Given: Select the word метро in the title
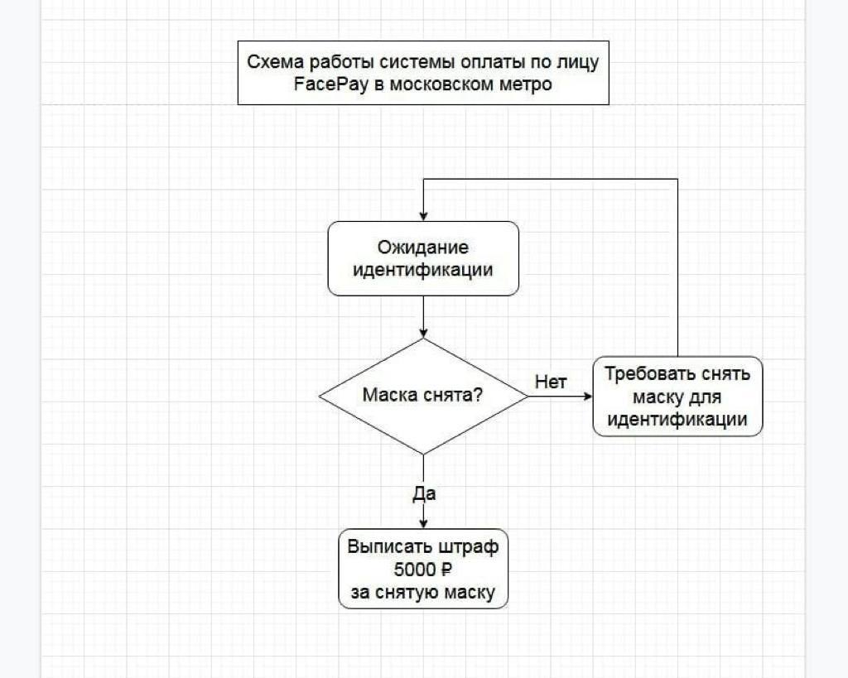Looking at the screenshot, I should coord(523,84).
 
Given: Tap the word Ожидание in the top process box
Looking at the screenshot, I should coord(423,247).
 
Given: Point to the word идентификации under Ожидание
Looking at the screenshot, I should coord(423,270).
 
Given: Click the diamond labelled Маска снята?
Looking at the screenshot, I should coord(423,396).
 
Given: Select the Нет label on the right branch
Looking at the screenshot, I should coord(551,382).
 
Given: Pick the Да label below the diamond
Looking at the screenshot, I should coord(424,494).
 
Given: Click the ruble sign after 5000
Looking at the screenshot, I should coord(446,570).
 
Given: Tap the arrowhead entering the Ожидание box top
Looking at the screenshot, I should coord(423,215).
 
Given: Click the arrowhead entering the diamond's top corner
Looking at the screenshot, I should coord(423,333).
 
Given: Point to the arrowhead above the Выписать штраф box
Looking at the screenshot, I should coord(423,522).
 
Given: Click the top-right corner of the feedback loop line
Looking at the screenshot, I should coord(677,180).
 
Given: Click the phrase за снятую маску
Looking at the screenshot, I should coord(423,593).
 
